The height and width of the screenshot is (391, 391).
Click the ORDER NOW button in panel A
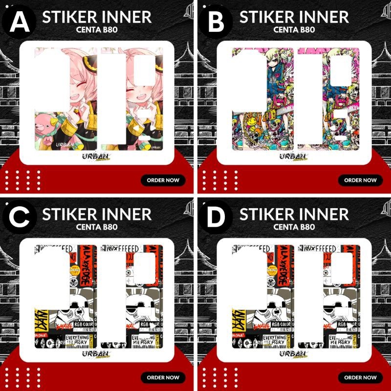(x=163, y=180)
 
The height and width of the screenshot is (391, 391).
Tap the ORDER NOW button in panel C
(x=163, y=377)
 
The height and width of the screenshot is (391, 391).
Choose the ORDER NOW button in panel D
(x=360, y=377)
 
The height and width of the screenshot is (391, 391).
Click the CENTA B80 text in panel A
(x=97, y=29)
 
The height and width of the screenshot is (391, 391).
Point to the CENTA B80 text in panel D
(x=294, y=227)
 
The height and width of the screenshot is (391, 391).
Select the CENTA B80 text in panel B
(x=294, y=29)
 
